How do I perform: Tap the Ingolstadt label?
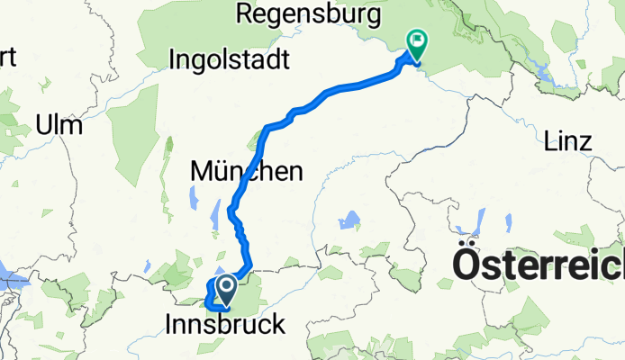(x=229, y=60)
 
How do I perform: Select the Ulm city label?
(x=60, y=124)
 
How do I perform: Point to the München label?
(x=246, y=170)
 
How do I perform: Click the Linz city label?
(x=567, y=141)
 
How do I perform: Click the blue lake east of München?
(x=349, y=219)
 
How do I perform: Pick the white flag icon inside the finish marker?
(x=417, y=40)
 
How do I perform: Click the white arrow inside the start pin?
(x=225, y=287)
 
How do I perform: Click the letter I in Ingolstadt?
(x=173, y=60)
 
